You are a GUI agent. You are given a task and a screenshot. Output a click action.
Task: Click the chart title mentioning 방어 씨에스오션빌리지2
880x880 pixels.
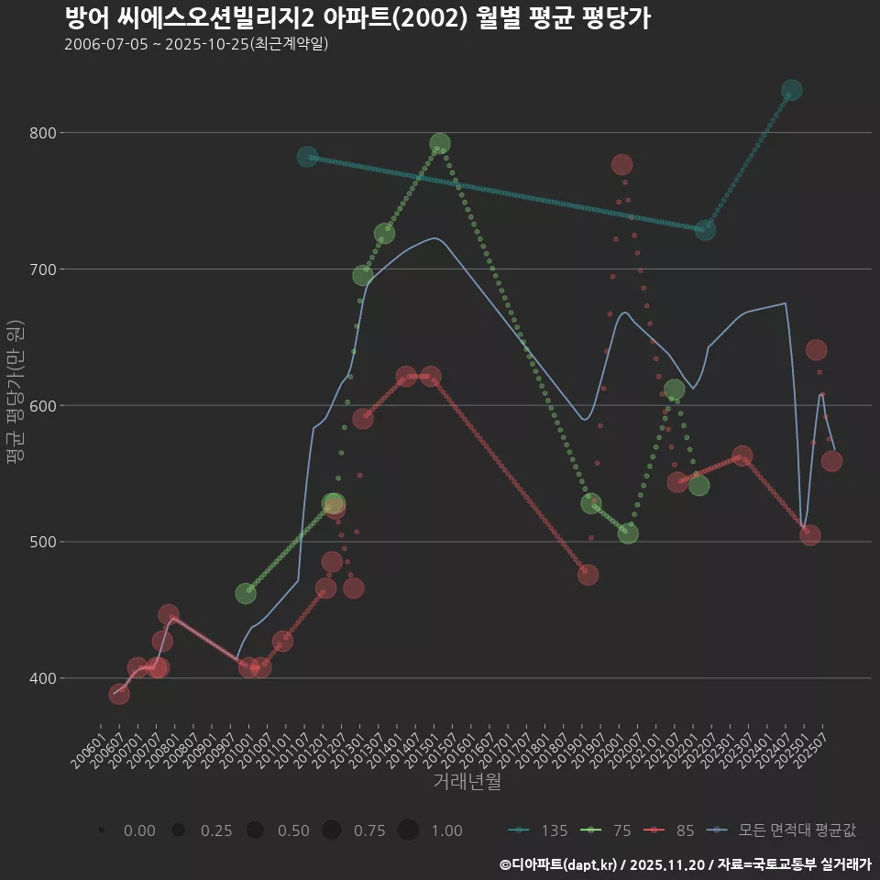pyautogui.click(x=357, y=18)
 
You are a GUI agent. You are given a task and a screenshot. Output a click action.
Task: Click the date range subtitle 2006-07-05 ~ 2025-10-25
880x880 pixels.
pyautogui.click(x=196, y=44)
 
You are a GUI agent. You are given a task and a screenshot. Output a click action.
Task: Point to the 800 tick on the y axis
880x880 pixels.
pyautogui.click(x=43, y=133)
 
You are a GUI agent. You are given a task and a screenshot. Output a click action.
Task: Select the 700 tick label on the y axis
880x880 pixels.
pyautogui.click(x=43, y=269)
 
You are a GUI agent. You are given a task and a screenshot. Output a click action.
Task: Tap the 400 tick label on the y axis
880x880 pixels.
pyautogui.click(x=43, y=678)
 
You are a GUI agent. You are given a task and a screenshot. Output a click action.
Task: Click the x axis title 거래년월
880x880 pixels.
pyautogui.click(x=467, y=782)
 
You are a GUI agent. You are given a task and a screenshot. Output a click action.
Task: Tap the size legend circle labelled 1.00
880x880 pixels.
pyautogui.click(x=409, y=830)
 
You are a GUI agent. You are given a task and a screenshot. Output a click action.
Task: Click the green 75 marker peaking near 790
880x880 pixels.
pyautogui.click(x=440, y=143)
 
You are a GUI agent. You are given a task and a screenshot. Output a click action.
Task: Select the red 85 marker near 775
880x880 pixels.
pyautogui.click(x=621, y=164)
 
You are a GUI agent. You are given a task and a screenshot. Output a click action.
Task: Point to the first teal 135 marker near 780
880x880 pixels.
pyautogui.click(x=307, y=157)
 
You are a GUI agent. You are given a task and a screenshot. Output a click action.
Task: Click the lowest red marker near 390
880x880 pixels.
pyautogui.click(x=119, y=694)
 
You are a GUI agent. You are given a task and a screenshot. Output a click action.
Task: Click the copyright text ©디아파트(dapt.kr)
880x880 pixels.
pyautogui.click(x=559, y=864)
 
